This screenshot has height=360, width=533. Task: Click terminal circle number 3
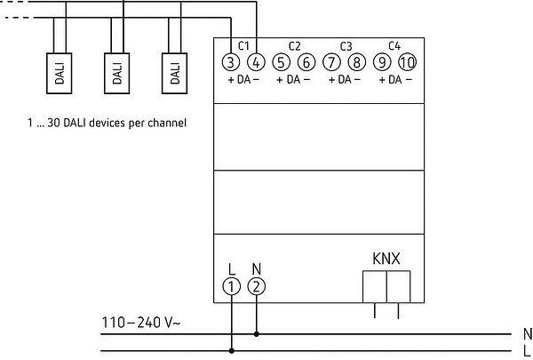(231, 62)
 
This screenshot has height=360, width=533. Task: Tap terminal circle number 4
(256, 62)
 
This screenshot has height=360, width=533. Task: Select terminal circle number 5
(282, 62)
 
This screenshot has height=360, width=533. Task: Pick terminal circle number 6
(306, 62)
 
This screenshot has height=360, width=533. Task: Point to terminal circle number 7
(332, 62)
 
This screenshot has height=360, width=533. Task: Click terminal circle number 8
(357, 62)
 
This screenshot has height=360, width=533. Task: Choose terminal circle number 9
(383, 62)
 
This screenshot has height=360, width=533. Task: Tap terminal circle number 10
(408, 62)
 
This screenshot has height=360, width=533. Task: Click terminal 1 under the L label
(232, 286)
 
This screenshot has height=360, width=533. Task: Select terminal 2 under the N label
(257, 286)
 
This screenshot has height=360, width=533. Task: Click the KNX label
(386, 260)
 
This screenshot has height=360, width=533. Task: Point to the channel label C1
(243, 45)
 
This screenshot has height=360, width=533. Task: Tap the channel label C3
(346, 45)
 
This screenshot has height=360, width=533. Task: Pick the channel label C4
(395, 45)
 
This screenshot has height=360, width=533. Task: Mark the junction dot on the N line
(257, 335)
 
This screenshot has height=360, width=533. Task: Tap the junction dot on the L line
(232, 351)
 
